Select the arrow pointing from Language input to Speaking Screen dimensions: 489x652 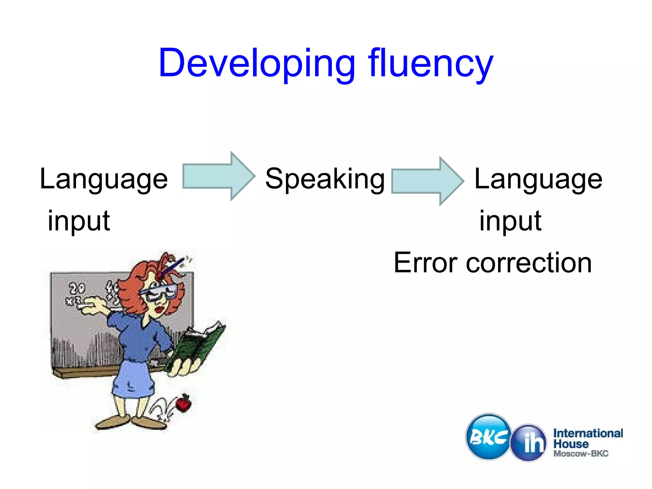[x=218, y=176]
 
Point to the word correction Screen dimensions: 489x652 [x=528, y=263]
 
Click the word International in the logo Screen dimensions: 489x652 [x=588, y=433]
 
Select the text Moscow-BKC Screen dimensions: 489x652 [x=581, y=453]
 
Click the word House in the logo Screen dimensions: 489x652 [x=571, y=444]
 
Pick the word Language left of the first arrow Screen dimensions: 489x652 [x=104, y=179]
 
